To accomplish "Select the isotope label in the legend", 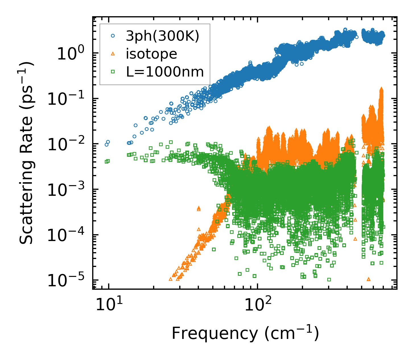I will click(x=151, y=54).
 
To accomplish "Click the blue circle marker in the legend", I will click(x=113, y=36).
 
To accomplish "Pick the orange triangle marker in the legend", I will click(x=113, y=54).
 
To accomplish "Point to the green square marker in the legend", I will click(x=113, y=72).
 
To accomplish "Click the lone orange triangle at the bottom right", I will click(x=369, y=279).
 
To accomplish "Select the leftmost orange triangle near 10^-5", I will click(x=170, y=279).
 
